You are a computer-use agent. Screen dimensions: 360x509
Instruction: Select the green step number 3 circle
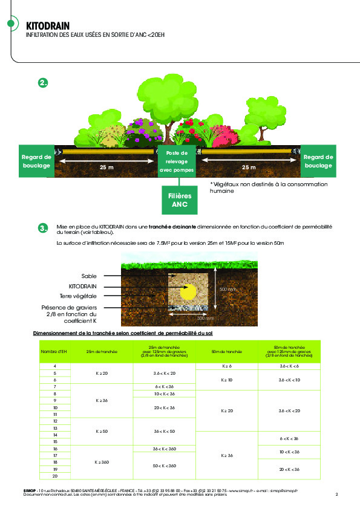coord(43,228)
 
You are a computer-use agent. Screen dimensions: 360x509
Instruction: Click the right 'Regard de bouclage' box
coord(318,161)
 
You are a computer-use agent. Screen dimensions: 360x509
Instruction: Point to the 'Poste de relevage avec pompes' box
coord(177,161)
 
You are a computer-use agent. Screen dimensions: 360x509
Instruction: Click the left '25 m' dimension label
coord(106,166)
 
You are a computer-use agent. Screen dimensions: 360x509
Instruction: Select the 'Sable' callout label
coord(90,276)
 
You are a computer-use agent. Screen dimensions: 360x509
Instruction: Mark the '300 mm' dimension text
coord(205,317)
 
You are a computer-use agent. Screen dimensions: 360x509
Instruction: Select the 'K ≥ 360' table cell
coord(102,462)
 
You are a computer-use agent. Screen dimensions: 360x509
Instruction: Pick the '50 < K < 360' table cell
coord(165,465)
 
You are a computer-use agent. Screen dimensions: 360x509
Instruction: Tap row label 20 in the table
coord(55,477)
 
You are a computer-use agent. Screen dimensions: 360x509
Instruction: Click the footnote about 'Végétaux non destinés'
coord(269,187)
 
